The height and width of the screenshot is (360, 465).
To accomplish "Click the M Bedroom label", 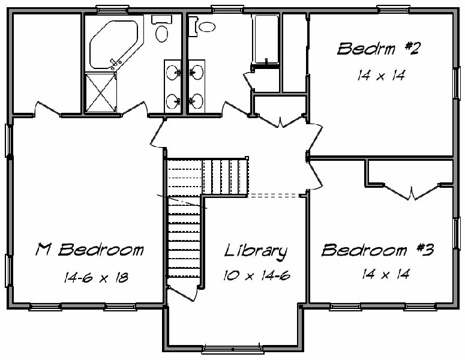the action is coord(89,250).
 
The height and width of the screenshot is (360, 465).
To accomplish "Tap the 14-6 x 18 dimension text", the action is coord(96,278).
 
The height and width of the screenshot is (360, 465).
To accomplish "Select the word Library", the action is coord(256,252).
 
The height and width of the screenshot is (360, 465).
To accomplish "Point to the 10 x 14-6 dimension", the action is coord(257,276).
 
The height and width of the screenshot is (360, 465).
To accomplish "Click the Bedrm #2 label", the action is coord(378,49).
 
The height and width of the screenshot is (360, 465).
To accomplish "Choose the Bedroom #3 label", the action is coord(378,250).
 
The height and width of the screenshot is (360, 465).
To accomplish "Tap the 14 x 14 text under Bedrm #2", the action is coord(381,76).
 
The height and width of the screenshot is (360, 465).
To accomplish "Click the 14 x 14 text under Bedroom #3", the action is coord(386,274).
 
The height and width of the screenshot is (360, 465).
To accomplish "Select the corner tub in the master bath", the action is coord(114,44).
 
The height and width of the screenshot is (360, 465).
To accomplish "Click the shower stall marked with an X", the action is coord(101,92).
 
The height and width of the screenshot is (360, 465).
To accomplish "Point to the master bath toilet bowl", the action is coord(161,34).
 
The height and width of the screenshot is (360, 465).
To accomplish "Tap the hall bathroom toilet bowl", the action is coord(206,26).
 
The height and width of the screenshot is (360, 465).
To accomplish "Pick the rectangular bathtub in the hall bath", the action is coord(265,39).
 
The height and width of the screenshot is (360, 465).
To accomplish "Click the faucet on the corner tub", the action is coord(115,64).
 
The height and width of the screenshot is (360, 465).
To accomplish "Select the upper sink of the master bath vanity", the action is coord(173,73).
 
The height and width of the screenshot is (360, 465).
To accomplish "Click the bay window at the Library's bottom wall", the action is coord(233,349).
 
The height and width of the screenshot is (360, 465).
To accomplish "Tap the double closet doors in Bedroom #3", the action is coord(412,191).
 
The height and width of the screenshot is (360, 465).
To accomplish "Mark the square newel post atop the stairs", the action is coord(247,158).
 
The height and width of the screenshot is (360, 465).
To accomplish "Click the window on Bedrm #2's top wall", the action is coord(394,10).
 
